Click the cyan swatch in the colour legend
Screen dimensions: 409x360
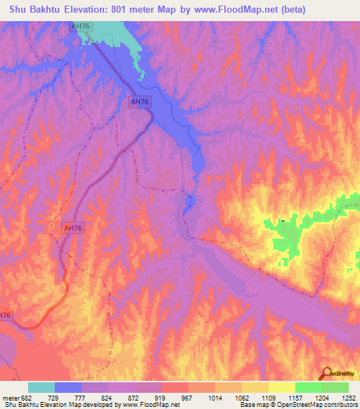(x=41, y=387)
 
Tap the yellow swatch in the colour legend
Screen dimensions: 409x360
(x=282, y=387)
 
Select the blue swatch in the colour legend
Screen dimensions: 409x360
(x=68, y=387)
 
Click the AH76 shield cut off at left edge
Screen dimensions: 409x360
(x=5, y=316)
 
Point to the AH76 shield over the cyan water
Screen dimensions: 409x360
(x=81, y=26)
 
